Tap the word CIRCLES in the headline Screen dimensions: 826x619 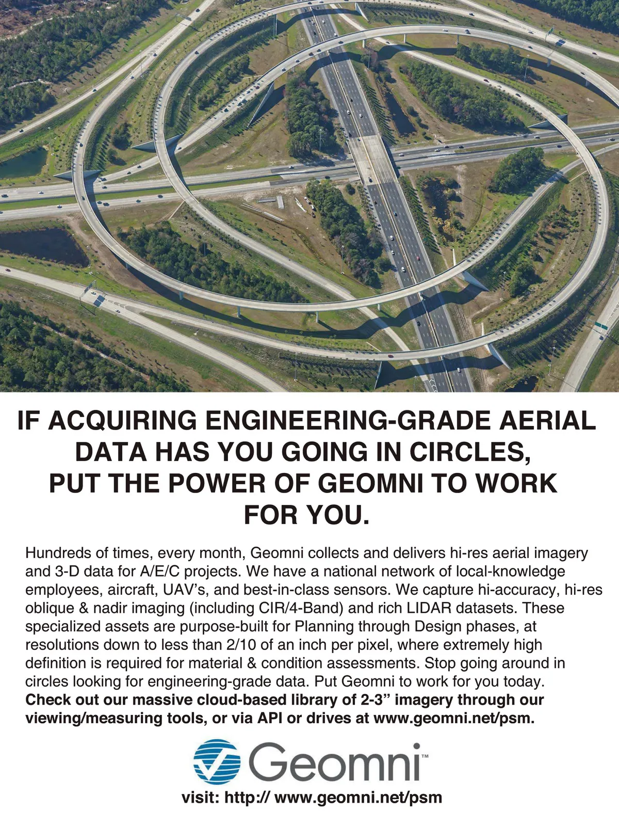469,452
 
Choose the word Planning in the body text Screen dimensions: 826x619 319,626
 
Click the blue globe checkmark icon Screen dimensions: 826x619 217,761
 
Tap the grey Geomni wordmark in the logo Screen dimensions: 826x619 335,762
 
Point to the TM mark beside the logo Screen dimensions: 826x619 425,756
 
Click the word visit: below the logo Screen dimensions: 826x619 201,797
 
